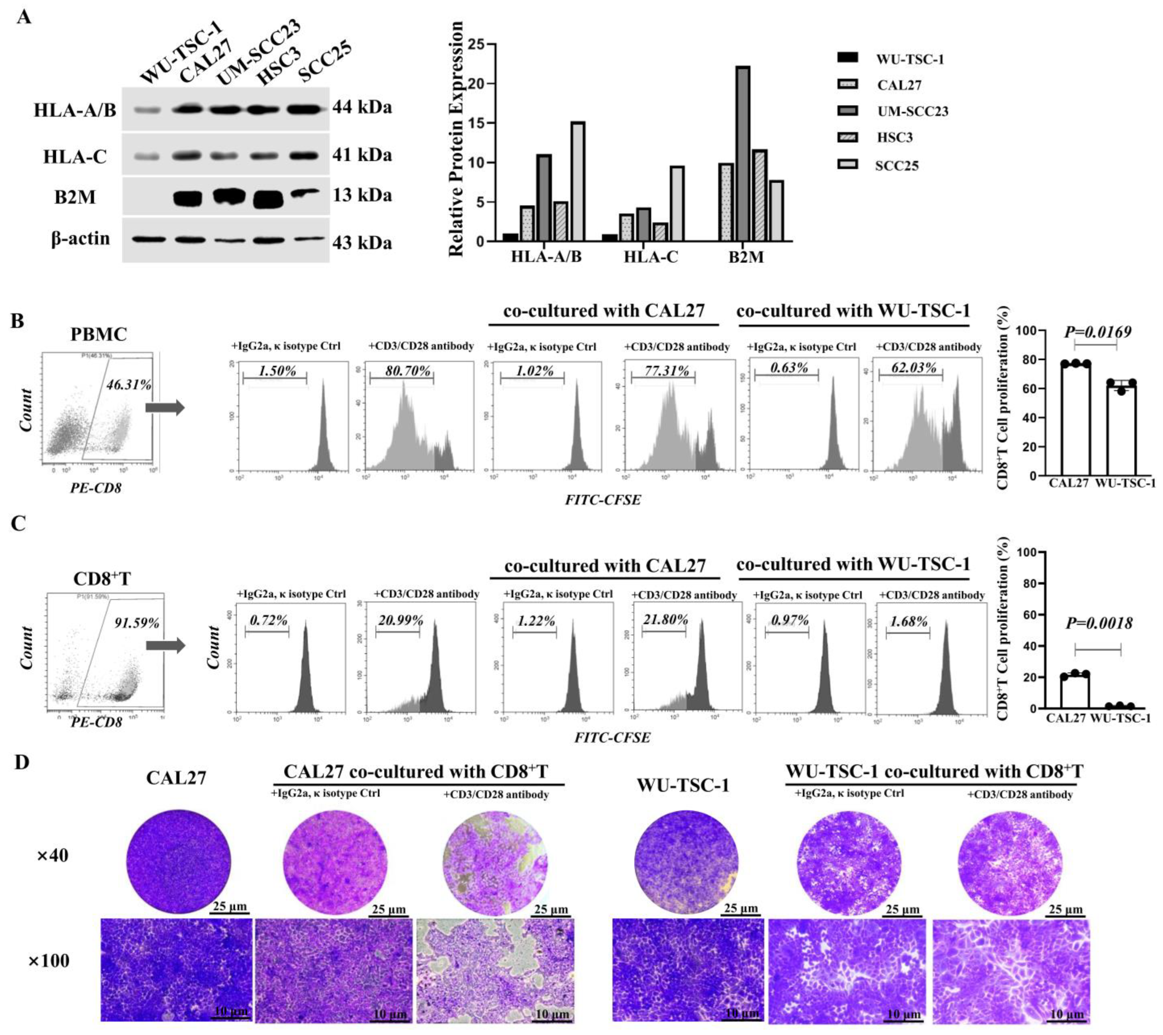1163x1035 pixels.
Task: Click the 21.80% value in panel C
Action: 665,619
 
